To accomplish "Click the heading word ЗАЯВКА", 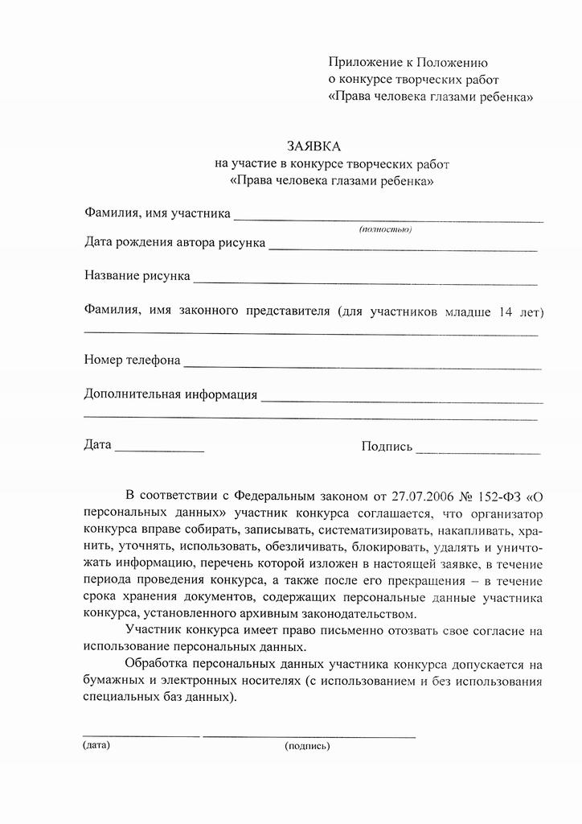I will pyautogui.click(x=314, y=146).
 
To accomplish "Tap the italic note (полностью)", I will pyautogui.click(x=385, y=230).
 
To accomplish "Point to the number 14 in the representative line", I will pyautogui.click(x=506, y=311).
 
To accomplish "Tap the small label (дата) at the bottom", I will pyautogui.click(x=96, y=745).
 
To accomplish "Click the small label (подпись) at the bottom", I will pyautogui.click(x=307, y=746).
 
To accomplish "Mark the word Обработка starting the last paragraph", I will pyautogui.click(x=158, y=665).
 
